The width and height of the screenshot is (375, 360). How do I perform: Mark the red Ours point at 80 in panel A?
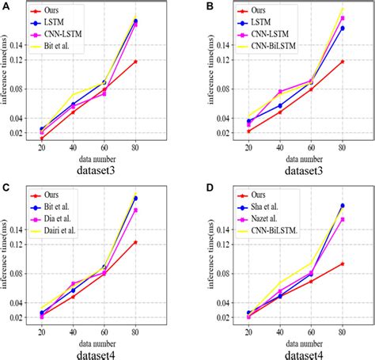[x=135, y=61]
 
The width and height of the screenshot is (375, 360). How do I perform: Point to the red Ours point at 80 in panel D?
[x=343, y=263]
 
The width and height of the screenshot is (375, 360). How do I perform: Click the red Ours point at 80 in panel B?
[x=343, y=61]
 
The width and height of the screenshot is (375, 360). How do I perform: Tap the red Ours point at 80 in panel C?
[x=135, y=241]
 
